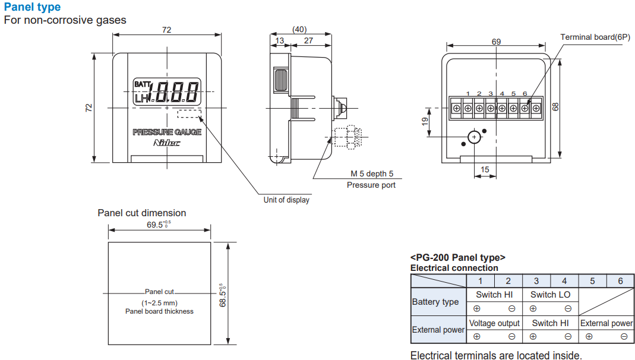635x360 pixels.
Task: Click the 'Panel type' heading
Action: (32, 7)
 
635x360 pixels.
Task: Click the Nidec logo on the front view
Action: (167, 143)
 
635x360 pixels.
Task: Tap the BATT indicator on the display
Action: (143, 84)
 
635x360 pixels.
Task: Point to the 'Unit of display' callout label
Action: (286, 200)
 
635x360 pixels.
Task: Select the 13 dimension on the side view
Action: (280, 41)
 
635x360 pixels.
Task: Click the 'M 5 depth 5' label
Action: (371, 174)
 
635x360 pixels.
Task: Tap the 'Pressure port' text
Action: (371, 185)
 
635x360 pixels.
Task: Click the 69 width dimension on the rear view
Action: (496, 42)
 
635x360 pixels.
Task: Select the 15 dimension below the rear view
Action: (485, 170)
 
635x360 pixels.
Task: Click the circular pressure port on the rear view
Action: (473, 137)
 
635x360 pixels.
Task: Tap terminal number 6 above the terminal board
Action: (525, 94)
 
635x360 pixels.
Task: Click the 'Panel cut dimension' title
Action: (141, 213)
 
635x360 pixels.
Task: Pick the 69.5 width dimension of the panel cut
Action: (157, 225)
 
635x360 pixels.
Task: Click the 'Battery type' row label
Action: (435, 302)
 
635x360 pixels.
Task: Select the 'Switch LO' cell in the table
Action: (550, 295)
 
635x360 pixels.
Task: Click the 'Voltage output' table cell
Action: (494, 323)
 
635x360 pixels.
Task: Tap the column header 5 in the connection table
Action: (592, 281)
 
